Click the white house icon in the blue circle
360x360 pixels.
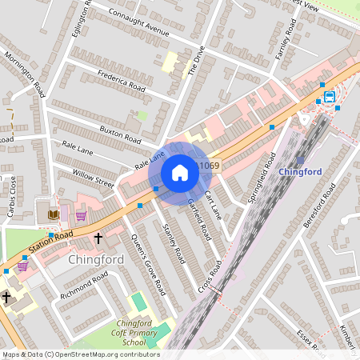click(180, 172)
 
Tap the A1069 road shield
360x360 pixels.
click(208, 166)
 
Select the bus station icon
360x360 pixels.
click(330, 97)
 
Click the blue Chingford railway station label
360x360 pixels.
click(300, 171)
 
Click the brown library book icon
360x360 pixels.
click(54, 214)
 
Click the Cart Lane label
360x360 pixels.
click(212, 205)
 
